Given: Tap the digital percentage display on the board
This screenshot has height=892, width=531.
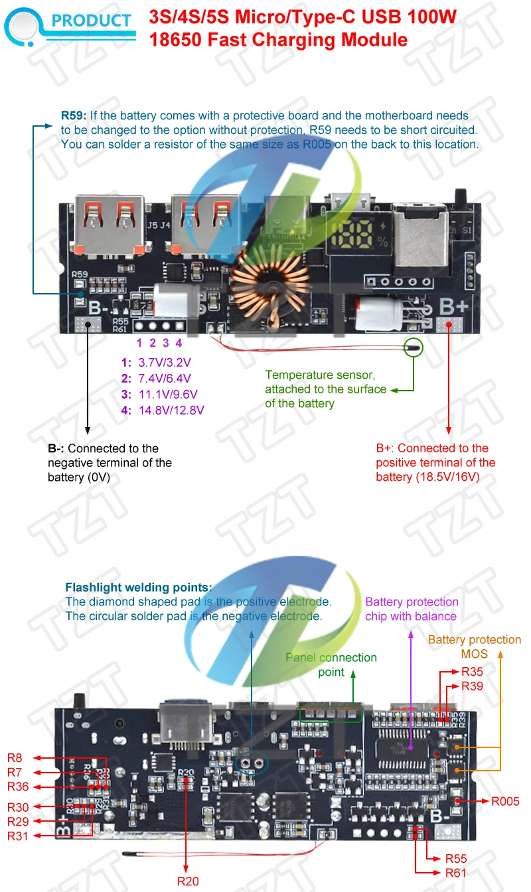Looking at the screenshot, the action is (x=356, y=235).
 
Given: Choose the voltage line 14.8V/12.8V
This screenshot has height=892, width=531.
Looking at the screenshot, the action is (x=171, y=410).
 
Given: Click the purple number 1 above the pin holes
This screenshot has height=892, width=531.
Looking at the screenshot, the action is (x=139, y=343).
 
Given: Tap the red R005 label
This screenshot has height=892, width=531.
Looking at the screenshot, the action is (x=505, y=801).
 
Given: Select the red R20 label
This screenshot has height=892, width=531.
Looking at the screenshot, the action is (x=188, y=881).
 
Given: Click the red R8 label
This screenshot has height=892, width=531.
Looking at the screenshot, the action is (x=15, y=757).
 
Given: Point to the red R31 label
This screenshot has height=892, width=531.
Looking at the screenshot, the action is (x=18, y=836).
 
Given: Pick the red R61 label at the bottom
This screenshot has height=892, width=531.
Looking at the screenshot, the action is (x=456, y=873).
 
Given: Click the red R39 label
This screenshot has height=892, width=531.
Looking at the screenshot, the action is (x=472, y=686).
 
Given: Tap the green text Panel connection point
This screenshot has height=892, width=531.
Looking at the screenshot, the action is (x=331, y=665).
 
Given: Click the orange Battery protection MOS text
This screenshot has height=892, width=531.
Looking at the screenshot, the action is (x=474, y=647).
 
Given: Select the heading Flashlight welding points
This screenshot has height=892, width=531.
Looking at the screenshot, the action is (x=139, y=587).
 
